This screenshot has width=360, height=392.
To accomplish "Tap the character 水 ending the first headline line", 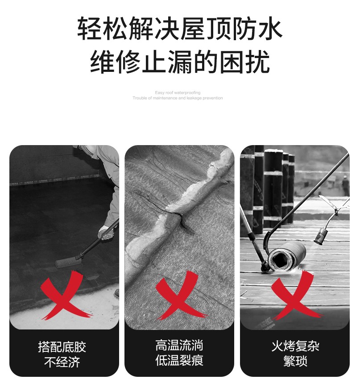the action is click(x=270, y=29).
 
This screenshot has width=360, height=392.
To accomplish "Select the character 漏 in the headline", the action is click(x=180, y=61).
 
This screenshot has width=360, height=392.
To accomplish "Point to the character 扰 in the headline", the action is click(x=257, y=61).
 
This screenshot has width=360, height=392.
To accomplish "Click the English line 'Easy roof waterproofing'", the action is click(x=178, y=92).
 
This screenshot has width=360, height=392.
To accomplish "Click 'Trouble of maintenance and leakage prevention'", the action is click(x=178, y=98).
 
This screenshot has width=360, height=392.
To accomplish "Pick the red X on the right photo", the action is click(x=296, y=295).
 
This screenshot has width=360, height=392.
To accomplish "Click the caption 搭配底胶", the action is click(x=62, y=347).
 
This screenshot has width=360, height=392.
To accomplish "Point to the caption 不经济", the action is click(x=62, y=362).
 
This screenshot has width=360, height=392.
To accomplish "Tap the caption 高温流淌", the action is click(x=179, y=346).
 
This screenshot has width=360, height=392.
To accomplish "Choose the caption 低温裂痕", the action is click(x=179, y=360).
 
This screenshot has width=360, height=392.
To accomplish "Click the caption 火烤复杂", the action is click(x=295, y=346).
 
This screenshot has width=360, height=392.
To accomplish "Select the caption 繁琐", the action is click(x=295, y=361).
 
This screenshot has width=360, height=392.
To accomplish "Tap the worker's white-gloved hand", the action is click(x=105, y=233).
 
